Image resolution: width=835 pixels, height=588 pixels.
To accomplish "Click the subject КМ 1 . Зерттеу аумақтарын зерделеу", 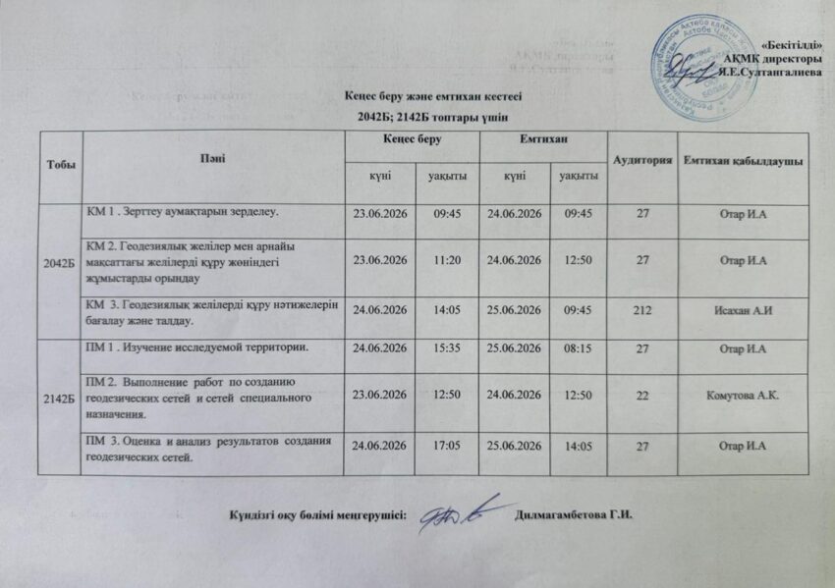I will (183, 211).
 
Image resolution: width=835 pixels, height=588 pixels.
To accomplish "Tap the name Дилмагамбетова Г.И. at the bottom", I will (571, 518).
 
